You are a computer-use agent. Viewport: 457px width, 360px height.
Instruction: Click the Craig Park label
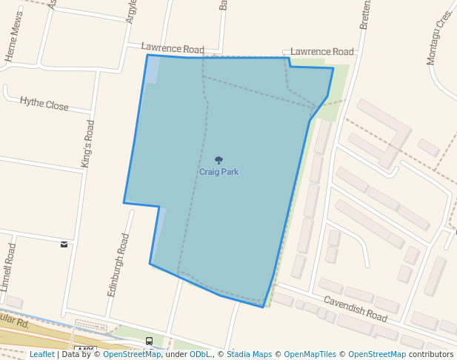[x=219, y=172]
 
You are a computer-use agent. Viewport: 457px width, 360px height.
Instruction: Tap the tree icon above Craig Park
[x=219, y=160]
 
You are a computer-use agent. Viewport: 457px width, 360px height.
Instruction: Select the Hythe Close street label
[x=44, y=104]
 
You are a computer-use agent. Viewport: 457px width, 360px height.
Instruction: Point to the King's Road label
[x=88, y=143]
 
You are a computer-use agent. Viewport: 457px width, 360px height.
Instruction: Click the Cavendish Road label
[x=355, y=310]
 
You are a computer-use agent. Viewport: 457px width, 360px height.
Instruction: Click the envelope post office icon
[x=64, y=244]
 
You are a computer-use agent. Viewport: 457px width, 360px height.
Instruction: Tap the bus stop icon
[x=150, y=341]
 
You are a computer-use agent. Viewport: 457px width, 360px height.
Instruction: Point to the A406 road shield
[x=86, y=350]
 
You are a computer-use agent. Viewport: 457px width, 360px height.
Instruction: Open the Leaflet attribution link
[x=41, y=354]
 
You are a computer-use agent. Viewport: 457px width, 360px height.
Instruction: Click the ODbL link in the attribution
[x=199, y=354]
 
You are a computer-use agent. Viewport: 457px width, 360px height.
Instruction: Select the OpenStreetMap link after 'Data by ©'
[x=132, y=354]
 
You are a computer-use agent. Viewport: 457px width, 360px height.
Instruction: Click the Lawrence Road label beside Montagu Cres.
[x=322, y=52]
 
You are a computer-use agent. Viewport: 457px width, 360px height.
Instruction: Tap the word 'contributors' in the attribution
[x=431, y=354]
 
